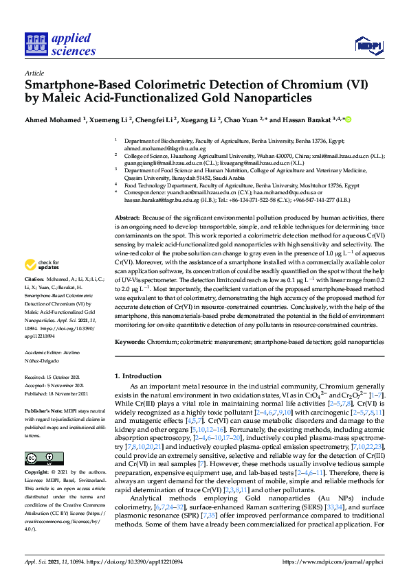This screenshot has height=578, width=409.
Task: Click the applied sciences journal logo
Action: coord(61,43)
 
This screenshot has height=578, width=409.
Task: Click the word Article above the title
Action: coord(34,73)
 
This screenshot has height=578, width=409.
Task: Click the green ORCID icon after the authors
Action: coord(348,120)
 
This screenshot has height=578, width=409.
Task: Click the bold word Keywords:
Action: coord(130,341)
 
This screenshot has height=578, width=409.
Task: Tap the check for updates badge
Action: coord(43,284)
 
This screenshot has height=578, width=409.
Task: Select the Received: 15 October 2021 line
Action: coord(56,378)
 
